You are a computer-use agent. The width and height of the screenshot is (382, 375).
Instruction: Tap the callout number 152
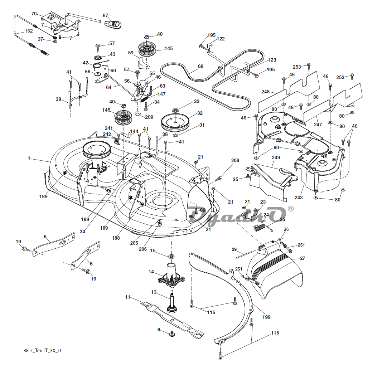tap(29, 31)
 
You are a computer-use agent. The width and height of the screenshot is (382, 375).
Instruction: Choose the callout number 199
tap(266, 317)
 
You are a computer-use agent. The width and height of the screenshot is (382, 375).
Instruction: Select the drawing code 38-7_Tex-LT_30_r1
tap(43, 350)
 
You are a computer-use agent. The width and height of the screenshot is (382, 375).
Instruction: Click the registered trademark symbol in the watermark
tap(290, 209)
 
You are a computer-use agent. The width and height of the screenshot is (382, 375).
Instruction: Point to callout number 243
tap(299, 198)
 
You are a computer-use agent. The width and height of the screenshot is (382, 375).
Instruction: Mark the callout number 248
tap(265, 92)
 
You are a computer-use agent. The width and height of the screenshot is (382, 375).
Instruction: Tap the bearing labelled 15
tap(171, 257)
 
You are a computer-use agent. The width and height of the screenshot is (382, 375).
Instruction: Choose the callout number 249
tap(275, 157)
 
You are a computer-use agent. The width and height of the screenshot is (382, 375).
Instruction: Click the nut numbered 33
tap(175, 109)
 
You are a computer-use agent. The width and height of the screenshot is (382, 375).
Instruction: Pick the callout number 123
tap(272, 60)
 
